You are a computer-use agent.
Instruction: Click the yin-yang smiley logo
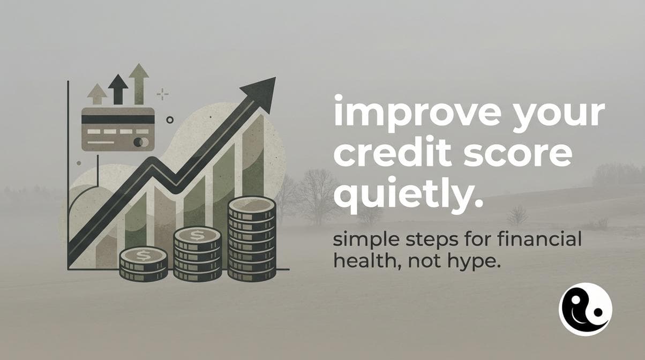pos(585,309)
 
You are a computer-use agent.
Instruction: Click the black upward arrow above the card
pos(118,89)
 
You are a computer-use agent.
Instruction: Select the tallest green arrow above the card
pos(139,83)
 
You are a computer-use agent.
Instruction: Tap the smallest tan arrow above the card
pos(97,94)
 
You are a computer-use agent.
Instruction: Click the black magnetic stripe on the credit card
pos(118,119)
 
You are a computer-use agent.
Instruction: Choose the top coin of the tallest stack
pos(251,204)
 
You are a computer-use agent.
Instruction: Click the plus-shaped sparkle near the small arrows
pos(162,95)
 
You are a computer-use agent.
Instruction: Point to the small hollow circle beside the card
pos(170,120)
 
